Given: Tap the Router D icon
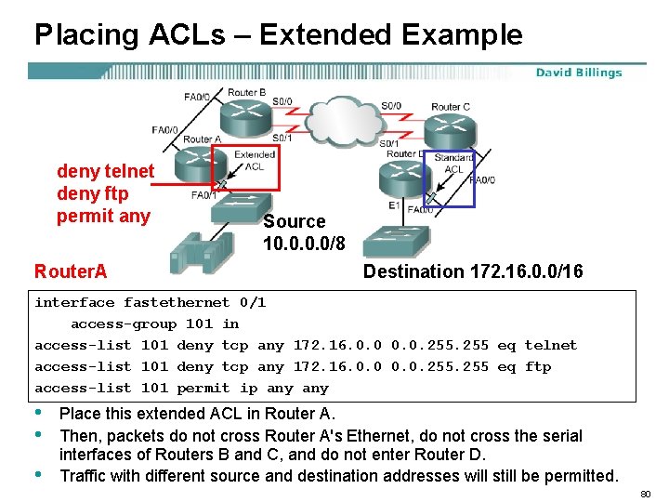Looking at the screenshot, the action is pos(403,177).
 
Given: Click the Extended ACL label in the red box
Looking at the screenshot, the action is pos(254,161).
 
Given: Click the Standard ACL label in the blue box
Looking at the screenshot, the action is pos(453,164).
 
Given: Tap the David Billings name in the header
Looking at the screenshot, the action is pos(578,73).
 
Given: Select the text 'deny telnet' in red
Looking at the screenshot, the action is pos(105,171).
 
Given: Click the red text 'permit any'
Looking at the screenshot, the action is pos(102,217).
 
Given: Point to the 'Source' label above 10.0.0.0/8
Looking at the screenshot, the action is pos(294,221).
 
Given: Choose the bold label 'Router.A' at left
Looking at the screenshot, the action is pos(71,271).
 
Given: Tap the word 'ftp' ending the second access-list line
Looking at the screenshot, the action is pos(538,366).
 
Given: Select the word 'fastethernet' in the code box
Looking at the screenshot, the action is pos(177,302).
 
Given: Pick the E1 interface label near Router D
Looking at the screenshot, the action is pos(394,204).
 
